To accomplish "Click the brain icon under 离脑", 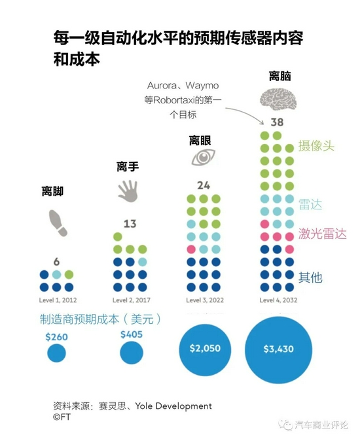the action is (278, 99).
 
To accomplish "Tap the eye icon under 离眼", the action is (203, 156).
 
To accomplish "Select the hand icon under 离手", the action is (128, 191).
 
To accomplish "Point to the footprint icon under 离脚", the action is (58, 222).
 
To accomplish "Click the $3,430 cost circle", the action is (278, 349).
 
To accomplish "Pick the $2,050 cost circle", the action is (205, 349).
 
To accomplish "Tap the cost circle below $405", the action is (132, 353).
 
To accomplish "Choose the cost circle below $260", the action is (56, 353).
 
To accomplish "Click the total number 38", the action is (277, 122).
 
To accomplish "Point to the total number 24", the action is (204, 185).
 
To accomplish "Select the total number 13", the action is (130, 224).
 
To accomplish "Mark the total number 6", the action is (56, 262).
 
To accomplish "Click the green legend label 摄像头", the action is (316, 147).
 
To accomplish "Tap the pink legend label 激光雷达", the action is (323, 234).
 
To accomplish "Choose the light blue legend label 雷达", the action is (310, 204).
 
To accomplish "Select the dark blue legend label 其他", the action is (310, 277).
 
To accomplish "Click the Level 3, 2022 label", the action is (205, 300).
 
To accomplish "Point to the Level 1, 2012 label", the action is (58, 300).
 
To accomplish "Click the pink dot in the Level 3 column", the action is (191, 249).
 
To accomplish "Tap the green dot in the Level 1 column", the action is (69, 275).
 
